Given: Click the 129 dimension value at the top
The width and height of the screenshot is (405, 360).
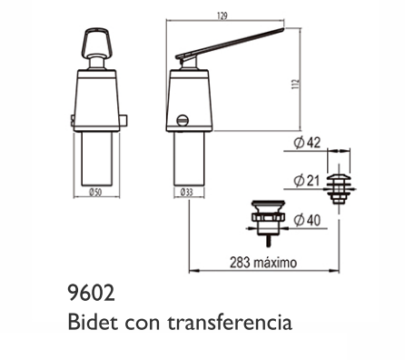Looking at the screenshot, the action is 222,16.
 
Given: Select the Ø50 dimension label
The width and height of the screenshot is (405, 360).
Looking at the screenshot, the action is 95,192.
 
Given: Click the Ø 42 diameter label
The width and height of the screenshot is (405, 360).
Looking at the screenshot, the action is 307,143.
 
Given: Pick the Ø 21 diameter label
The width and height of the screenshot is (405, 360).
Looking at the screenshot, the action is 307,181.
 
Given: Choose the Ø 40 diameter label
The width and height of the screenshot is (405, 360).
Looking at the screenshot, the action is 307,220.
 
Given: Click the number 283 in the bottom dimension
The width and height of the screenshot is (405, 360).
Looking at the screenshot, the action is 240,263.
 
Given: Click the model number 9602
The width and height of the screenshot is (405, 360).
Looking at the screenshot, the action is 92,294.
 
